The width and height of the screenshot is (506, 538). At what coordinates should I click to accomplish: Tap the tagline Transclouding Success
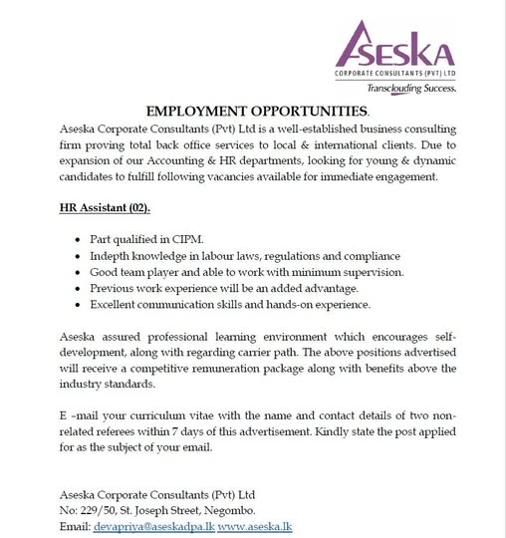pyautogui.click(x=409, y=88)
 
